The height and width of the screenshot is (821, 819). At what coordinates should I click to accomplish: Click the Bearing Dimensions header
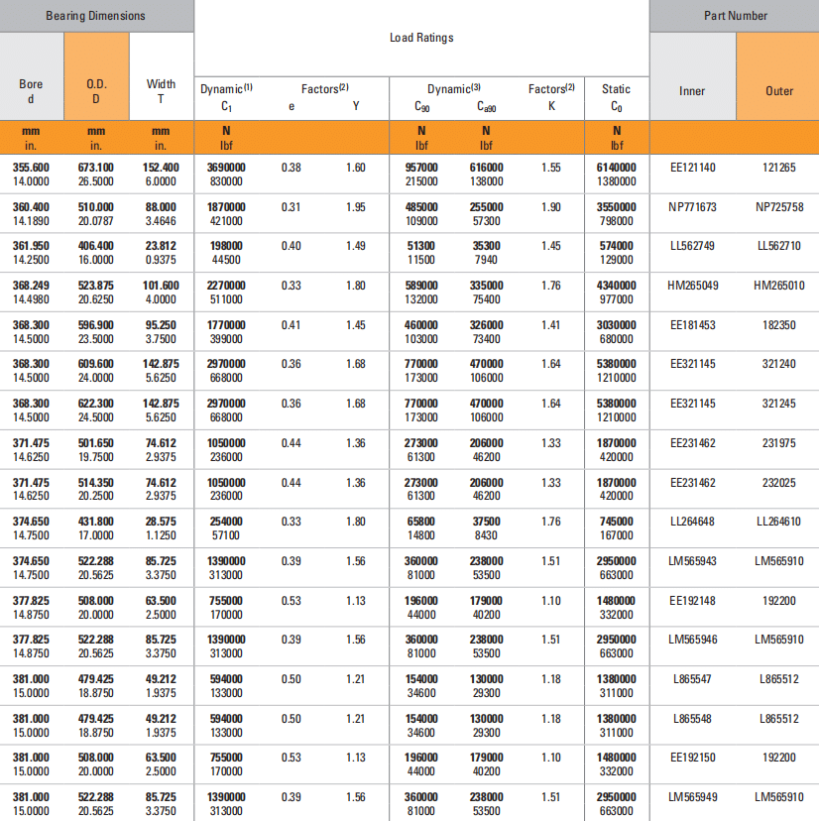pyautogui.click(x=95, y=16)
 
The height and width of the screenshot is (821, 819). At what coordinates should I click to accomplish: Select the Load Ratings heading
pyautogui.click(x=421, y=38)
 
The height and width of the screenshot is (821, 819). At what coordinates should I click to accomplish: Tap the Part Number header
pyautogui.click(x=735, y=16)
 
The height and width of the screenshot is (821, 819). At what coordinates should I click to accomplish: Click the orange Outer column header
pyautogui.click(x=779, y=90)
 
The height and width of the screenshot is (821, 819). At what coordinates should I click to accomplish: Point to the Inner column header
pyautogui.click(x=692, y=90)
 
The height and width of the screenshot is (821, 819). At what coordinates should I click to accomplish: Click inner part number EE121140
pyautogui.click(x=692, y=168)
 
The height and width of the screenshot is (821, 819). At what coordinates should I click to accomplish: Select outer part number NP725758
pyautogui.click(x=779, y=207)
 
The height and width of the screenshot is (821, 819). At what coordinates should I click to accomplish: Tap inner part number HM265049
pyautogui.click(x=692, y=286)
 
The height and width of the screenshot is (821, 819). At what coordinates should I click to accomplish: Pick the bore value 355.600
pyautogui.click(x=31, y=168)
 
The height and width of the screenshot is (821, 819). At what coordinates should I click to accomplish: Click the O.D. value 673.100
pyautogui.click(x=96, y=168)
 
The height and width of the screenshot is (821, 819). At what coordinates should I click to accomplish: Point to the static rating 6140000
pyautogui.click(x=616, y=168)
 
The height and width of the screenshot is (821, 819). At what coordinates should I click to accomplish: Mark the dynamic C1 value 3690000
pyautogui.click(x=226, y=168)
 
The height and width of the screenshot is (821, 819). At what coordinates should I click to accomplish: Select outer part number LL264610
pyautogui.click(x=779, y=522)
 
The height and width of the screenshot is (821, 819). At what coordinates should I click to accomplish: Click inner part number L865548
pyautogui.click(x=692, y=719)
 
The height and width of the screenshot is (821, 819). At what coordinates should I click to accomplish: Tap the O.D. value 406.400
pyautogui.click(x=96, y=246)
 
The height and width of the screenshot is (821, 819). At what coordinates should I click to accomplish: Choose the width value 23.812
pyautogui.click(x=161, y=246)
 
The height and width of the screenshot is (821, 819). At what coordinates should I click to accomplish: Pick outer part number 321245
pyautogui.click(x=779, y=404)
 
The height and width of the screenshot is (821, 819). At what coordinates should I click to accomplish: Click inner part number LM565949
pyautogui.click(x=692, y=797)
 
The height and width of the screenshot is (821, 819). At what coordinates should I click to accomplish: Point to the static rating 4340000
pyautogui.click(x=616, y=286)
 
